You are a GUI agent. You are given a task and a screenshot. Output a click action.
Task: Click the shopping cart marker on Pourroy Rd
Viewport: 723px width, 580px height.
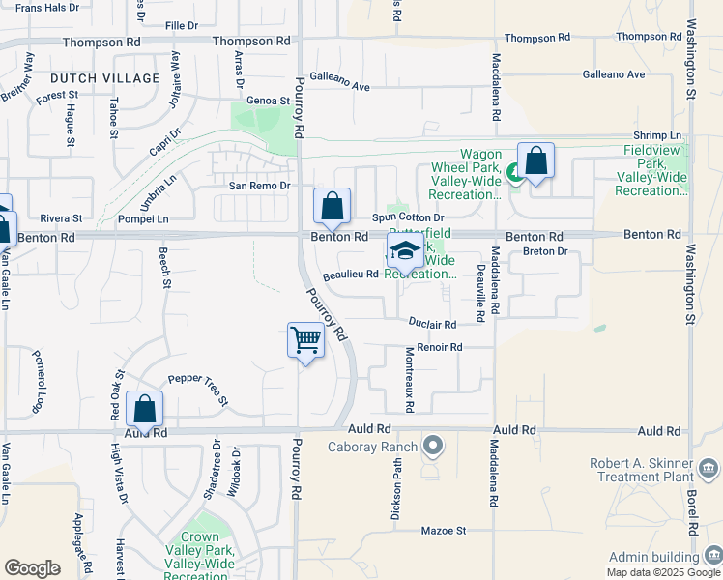[305, 341]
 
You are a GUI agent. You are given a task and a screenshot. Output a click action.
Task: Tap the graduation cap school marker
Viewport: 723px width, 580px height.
[405, 251]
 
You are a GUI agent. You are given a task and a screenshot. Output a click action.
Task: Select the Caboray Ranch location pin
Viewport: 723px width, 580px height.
[433, 447]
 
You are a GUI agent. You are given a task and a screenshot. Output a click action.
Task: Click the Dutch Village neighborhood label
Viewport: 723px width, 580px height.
[104, 77]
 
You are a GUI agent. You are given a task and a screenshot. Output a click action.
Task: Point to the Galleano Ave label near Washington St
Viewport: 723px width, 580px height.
[614, 74]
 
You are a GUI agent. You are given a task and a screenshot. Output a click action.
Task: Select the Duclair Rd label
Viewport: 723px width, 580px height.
[432, 325]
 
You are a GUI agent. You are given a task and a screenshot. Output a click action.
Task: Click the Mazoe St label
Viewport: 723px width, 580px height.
[445, 531]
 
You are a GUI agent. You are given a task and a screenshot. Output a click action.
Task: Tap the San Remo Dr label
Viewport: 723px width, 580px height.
[259, 186]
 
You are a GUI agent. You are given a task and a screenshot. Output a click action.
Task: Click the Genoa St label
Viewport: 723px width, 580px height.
[269, 101]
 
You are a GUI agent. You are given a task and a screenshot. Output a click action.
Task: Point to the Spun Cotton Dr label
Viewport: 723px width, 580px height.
[408, 218]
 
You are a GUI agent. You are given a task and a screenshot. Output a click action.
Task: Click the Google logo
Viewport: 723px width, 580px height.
[32, 567]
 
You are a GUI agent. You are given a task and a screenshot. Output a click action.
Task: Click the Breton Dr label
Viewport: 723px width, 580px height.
[543, 251]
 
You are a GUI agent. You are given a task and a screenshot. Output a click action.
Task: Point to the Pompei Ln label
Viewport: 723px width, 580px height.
[142, 219]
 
